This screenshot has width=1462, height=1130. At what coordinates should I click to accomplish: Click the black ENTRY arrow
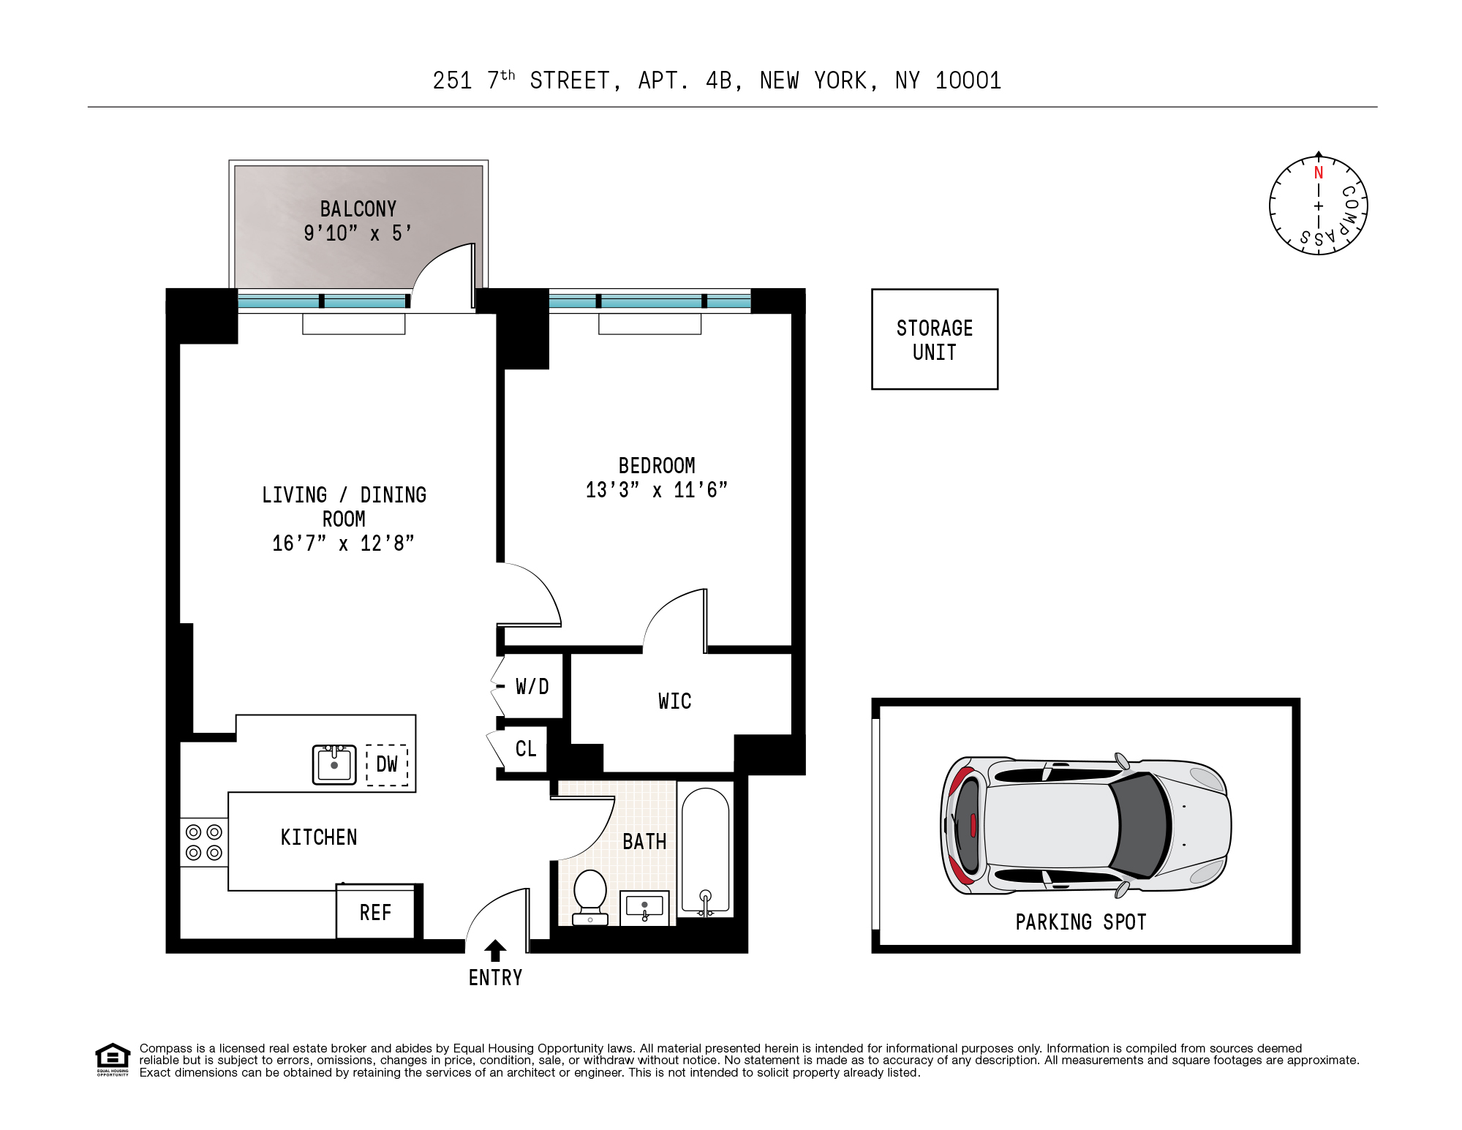click(x=495, y=950)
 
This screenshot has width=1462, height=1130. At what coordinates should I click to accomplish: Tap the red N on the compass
click(x=1319, y=173)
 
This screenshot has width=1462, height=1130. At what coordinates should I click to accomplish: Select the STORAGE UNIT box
click(x=935, y=339)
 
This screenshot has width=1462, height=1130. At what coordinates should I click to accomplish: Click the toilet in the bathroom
click(x=590, y=897)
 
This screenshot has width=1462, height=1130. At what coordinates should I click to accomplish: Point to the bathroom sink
click(x=644, y=908)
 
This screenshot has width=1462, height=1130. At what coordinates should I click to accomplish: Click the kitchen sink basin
click(x=334, y=765)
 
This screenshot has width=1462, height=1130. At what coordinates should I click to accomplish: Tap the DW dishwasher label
click(x=387, y=765)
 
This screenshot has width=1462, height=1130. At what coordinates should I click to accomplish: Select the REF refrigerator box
click(x=376, y=911)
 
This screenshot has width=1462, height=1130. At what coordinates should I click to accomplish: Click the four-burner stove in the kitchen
click(x=204, y=842)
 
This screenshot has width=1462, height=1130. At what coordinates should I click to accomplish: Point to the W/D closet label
click(x=532, y=687)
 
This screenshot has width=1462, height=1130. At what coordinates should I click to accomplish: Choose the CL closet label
click(x=526, y=749)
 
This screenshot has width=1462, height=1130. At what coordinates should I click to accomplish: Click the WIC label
click(x=674, y=701)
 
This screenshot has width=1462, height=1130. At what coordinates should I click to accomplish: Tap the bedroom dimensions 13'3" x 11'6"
click(x=657, y=490)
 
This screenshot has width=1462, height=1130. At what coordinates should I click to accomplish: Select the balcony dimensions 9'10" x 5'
click(x=358, y=233)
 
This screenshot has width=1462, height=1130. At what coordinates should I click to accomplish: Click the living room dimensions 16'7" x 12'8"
click(x=344, y=543)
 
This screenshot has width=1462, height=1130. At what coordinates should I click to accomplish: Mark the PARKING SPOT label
click(x=1081, y=922)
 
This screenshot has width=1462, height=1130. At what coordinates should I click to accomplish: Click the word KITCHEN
click(x=319, y=837)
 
